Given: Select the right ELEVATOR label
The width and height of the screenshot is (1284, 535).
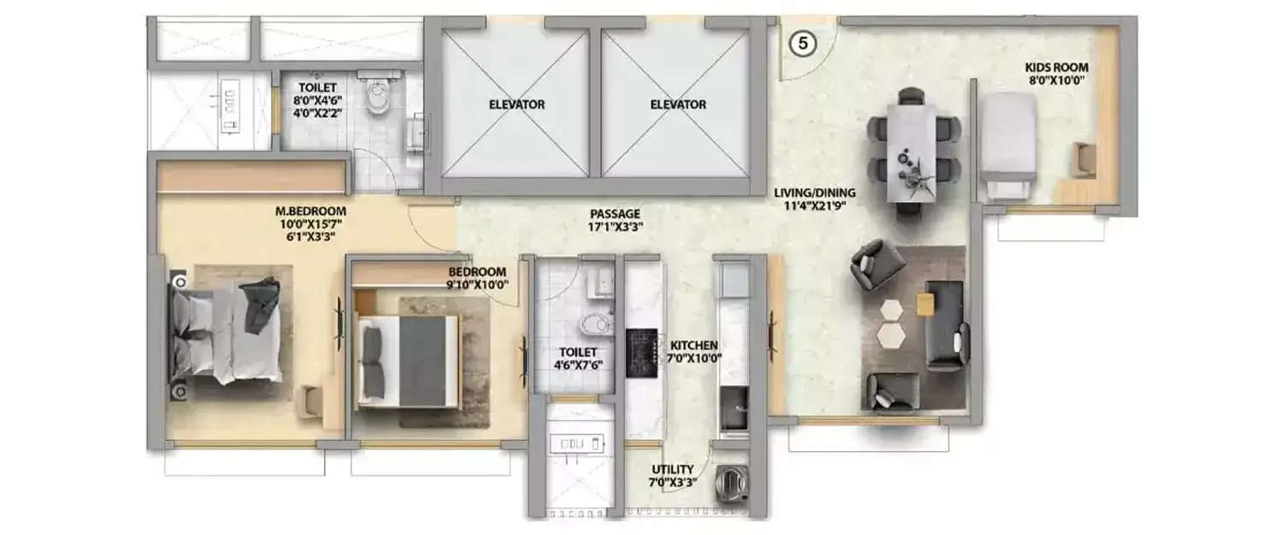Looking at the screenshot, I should [678, 104].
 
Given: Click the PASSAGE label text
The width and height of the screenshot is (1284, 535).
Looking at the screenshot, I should [615, 213].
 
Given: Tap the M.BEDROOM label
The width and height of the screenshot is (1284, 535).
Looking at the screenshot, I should [310, 211].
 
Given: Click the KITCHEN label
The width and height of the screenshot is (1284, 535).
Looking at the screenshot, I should [694, 344].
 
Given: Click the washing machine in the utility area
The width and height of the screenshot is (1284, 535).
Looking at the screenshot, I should [734, 483].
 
